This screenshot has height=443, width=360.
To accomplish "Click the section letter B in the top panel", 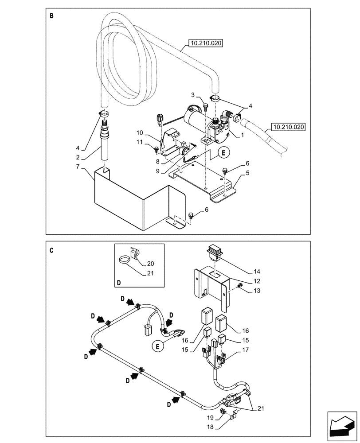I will tap(51, 16).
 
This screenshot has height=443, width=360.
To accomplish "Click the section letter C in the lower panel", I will tap(51, 250).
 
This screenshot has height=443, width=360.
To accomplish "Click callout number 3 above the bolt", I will tap(193, 95).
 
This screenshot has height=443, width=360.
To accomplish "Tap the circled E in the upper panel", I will tap(223, 152).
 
